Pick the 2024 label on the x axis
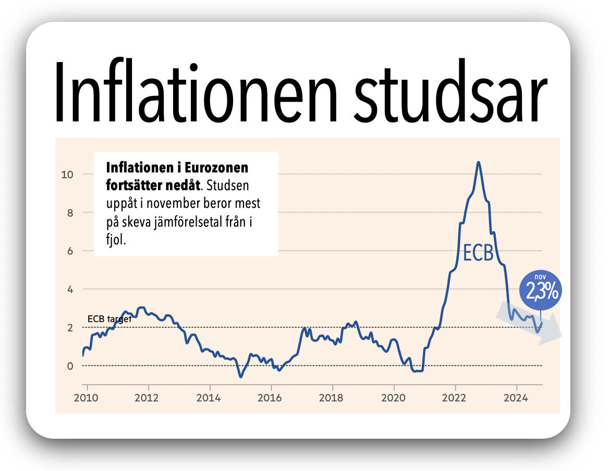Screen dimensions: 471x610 [517, 398]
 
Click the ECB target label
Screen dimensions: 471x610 [109, 319]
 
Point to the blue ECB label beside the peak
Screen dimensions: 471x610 [478, 253]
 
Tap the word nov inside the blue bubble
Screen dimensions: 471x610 [541, 277]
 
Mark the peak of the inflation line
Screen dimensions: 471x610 [479, 162]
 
